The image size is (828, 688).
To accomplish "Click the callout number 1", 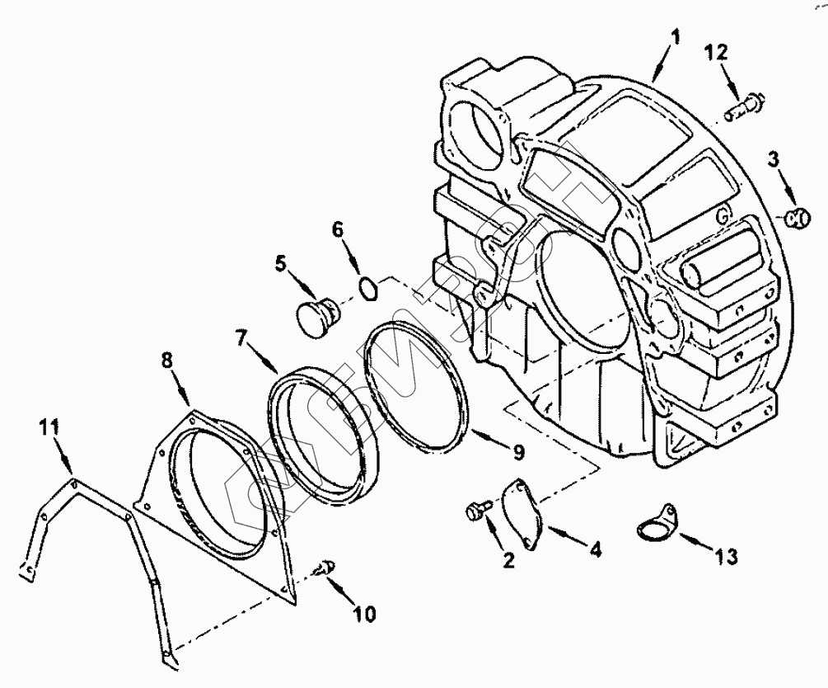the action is tap(675, 39).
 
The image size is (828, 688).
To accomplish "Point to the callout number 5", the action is tap(281, 264).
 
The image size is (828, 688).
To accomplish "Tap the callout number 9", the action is tap(518, 450).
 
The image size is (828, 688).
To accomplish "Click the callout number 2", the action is tap(508, 561).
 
